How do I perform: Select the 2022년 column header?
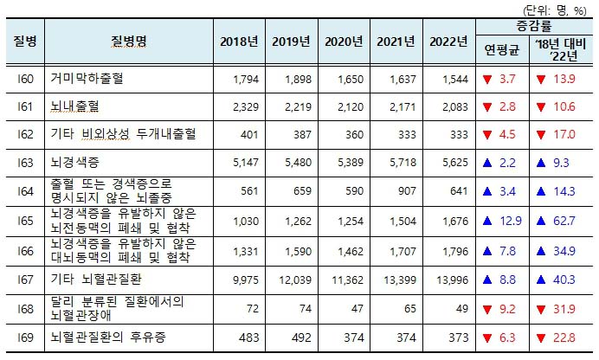(448, 42)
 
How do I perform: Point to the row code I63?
(25, 162)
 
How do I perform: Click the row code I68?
(25, 307)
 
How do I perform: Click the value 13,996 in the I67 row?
(452, 280)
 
